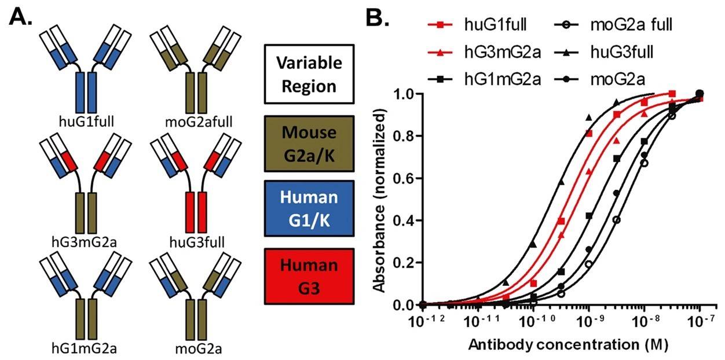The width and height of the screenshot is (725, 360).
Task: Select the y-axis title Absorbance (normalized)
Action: coord(380,198)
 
